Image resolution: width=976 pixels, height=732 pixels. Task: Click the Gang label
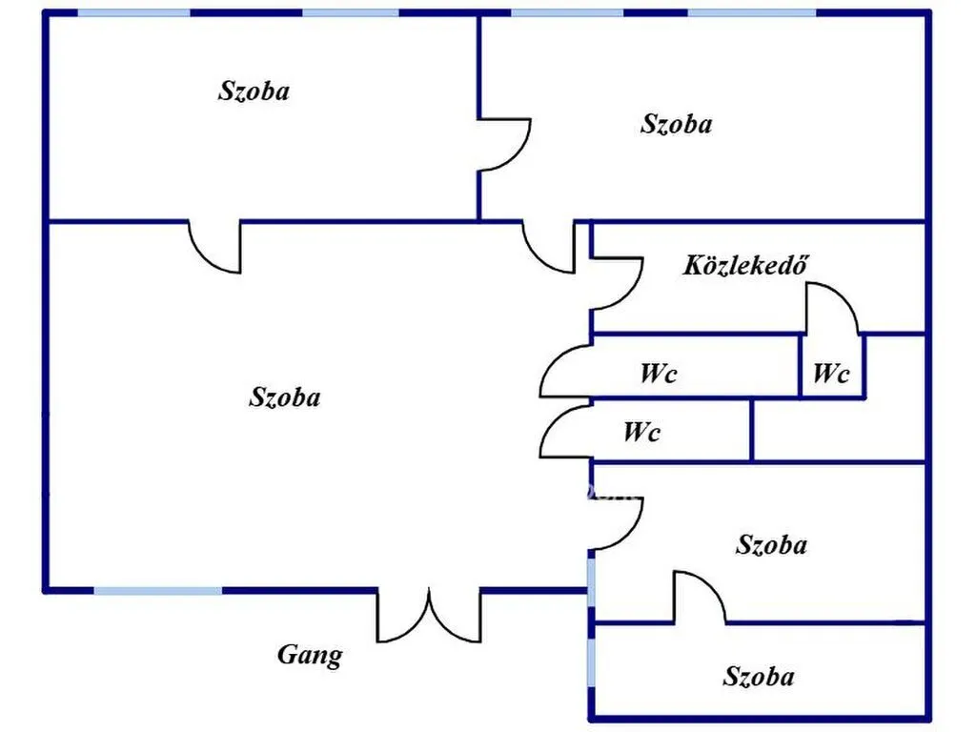[310, 656]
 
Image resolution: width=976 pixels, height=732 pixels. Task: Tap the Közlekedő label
[745, 265]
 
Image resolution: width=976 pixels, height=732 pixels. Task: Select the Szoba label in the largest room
[284, 396]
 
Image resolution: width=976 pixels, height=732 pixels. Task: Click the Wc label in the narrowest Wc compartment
[831, 374]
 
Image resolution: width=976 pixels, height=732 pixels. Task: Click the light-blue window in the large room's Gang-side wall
[158, 590]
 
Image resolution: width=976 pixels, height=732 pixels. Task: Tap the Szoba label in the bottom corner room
[758, 676]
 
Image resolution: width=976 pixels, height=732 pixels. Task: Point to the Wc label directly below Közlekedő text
[658, 374]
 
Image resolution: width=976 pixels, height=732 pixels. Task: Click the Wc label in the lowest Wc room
[641, 432]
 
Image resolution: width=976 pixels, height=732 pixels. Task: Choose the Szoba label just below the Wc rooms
[771, 544]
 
